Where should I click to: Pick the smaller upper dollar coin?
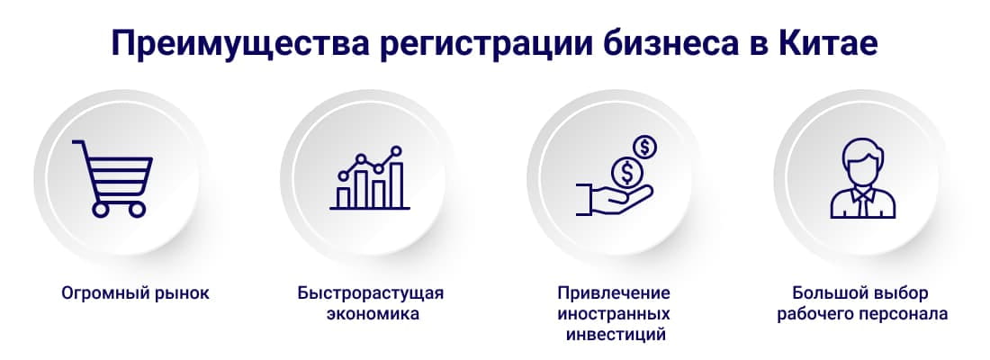tap(644, 145)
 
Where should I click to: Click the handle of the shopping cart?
tap(79, 145)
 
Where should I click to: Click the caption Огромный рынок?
tap(135, 293)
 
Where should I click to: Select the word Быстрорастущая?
tap(371, 293)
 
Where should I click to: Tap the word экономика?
tap(371, 315)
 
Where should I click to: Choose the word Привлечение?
tap(615, 293)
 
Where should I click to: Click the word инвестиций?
tap(616, 336)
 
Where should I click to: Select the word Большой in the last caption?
tap(823, 293)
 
